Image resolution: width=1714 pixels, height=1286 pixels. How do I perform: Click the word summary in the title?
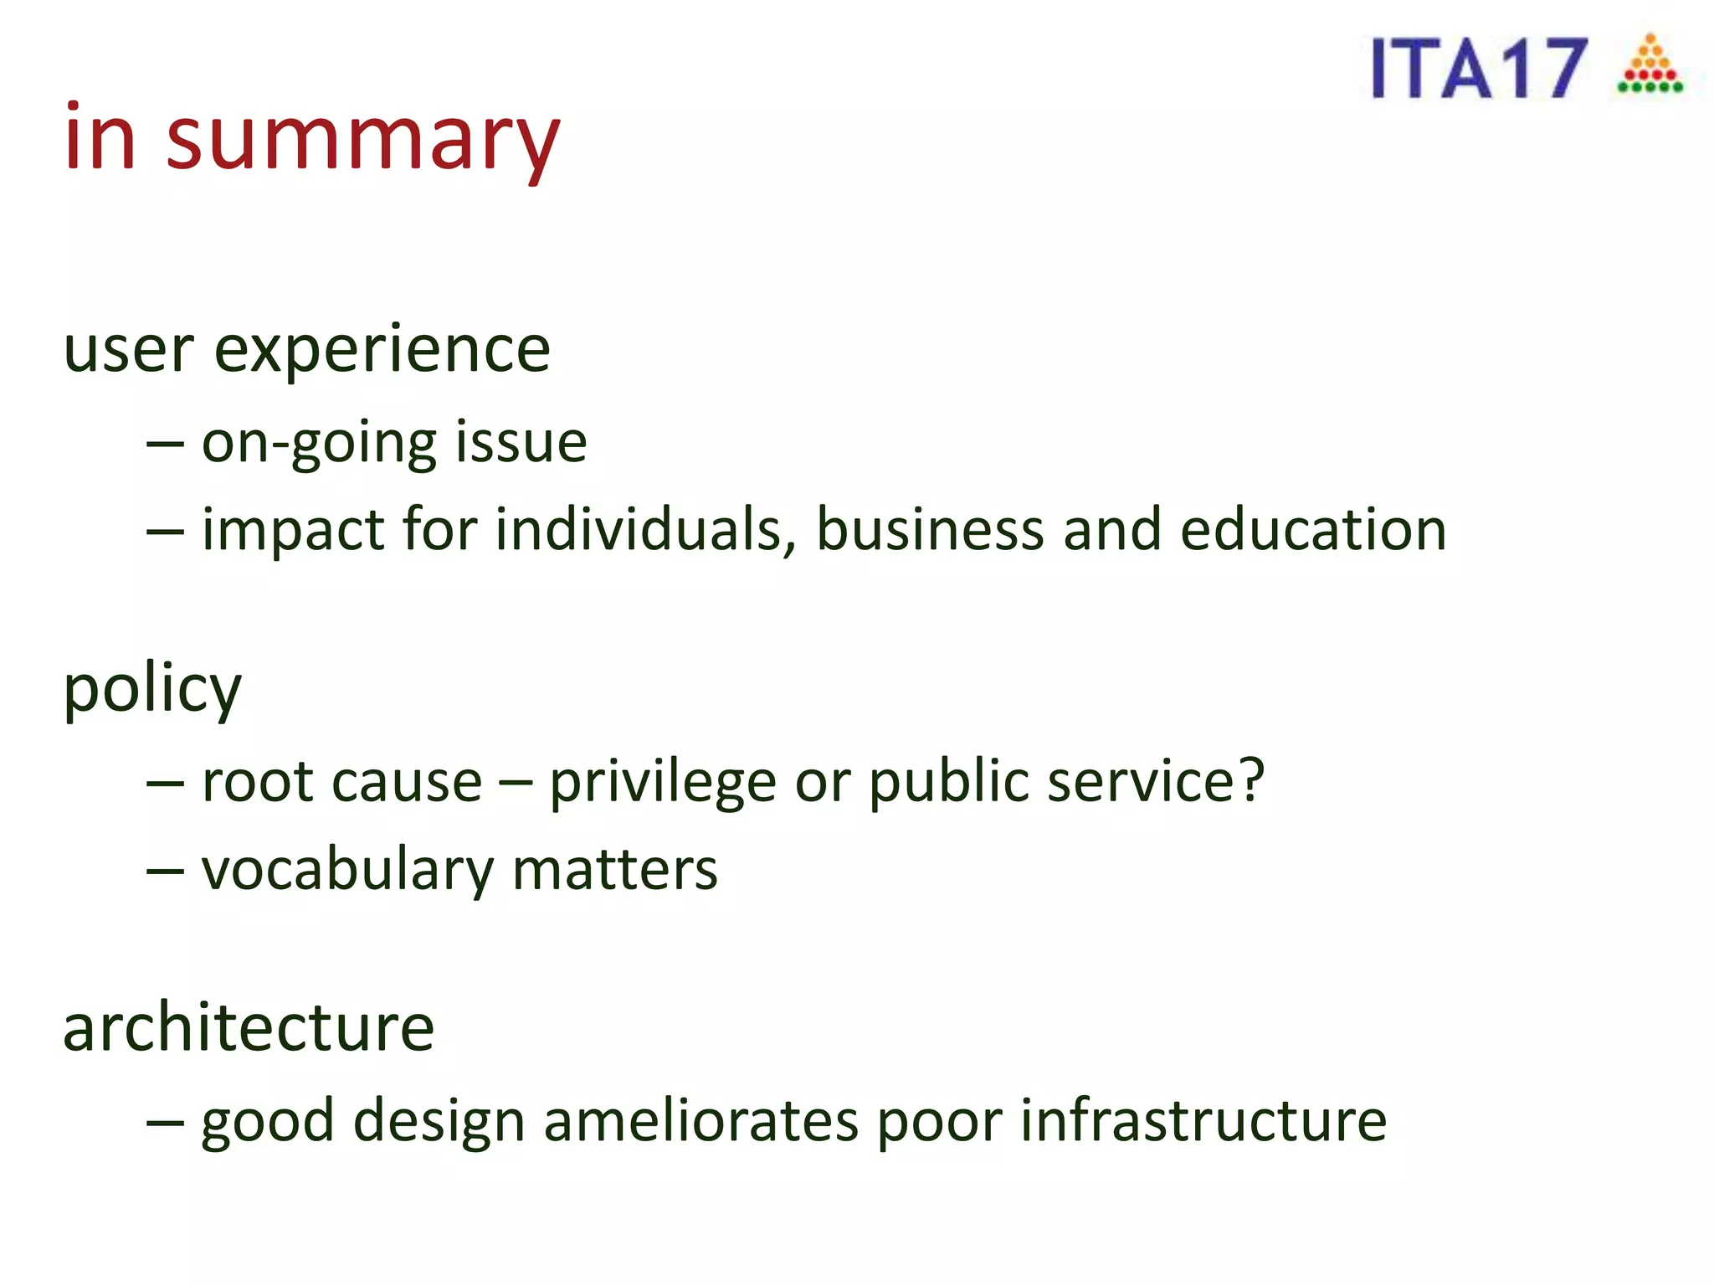click(x=362, y=141)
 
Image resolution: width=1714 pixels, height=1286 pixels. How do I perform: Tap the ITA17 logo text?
click(x=1477, y=69)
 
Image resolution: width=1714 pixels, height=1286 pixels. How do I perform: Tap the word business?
click(x=930, y=530)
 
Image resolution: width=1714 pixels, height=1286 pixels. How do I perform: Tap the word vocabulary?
click(x=347, y=871)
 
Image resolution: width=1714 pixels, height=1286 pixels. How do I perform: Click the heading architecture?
click(x=249, y=1028)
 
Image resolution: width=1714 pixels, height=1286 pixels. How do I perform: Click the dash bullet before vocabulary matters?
click(x=165, y=871)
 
